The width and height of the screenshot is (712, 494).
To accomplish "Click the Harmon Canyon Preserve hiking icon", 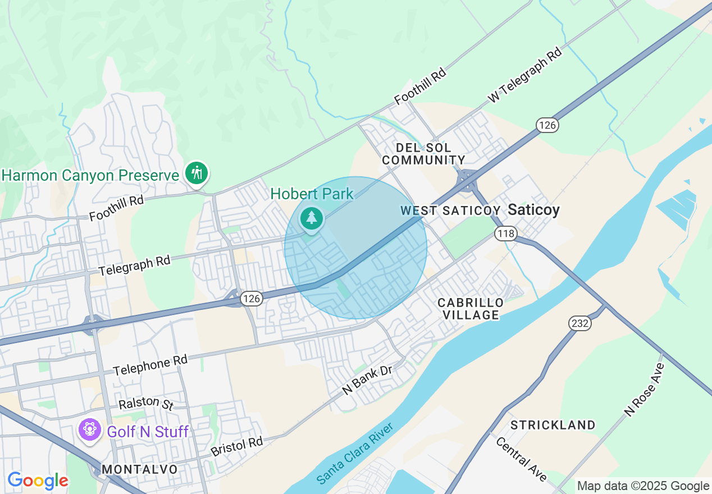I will coord(196,172).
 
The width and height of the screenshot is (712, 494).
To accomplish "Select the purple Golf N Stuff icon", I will coord(89,430).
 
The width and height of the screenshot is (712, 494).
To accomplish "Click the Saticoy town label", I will coord(533,210).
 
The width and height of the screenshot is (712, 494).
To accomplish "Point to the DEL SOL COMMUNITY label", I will coord(423,154).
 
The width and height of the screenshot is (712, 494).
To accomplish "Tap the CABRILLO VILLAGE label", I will coord(471,309).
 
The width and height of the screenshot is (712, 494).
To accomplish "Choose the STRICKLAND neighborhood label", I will coord(553,425).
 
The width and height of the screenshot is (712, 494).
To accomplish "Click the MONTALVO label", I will coord(140,469).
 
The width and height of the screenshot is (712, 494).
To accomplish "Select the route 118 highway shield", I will coord(506,233).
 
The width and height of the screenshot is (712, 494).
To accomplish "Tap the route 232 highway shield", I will coord(580,323).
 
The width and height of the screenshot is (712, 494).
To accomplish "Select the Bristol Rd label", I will coord(236,446).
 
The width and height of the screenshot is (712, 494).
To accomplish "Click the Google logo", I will coord(38,481).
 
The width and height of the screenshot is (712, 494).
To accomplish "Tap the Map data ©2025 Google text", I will coord(643,486).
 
